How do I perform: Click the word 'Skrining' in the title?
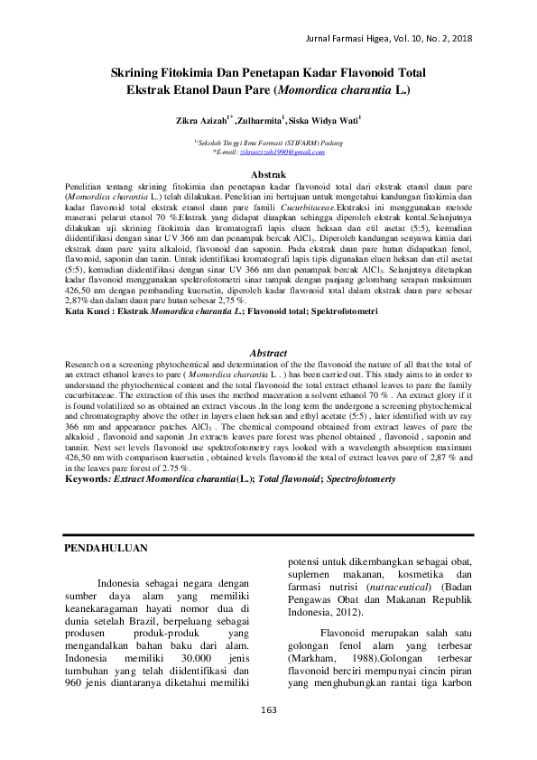tap(138, 73)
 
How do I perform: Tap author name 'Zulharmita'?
tap(260, 118)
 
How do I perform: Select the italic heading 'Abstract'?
tap(268, 353)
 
